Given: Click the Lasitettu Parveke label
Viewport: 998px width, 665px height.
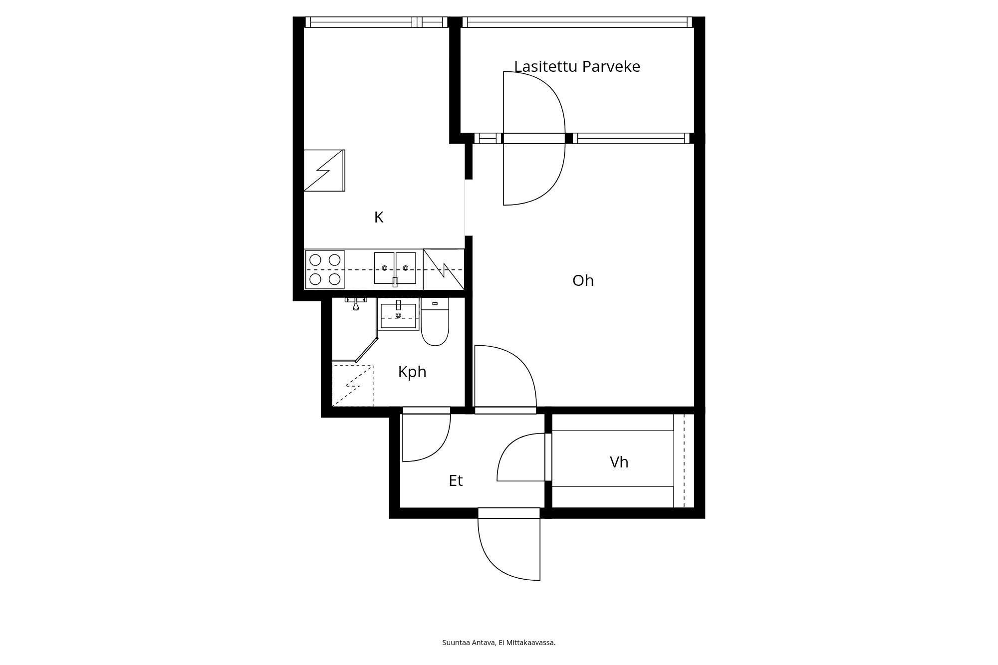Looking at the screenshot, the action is pyautogui.click(x=577, y=66).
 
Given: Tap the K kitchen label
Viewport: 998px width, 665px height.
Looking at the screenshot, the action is pyautogui.click(x=379, y=218).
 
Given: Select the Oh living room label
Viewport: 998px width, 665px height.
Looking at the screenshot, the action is pyautogui.click(x=583, y=280).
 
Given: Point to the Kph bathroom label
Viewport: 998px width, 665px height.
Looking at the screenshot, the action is pyautogui.click(x=412, y=372).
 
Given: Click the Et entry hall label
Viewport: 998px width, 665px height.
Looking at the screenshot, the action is pyautogui.click(x=456, y=480).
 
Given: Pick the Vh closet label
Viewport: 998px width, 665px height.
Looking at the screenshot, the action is pyautogui.click(x=619, y=462).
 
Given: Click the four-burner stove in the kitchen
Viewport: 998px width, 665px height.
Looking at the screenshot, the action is pyautogui.click(x=325, y=269).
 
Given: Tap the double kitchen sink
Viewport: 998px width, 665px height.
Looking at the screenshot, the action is pyautogui.click(x=395, y=268).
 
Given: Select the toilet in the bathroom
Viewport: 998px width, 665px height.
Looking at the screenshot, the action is pyautogui.click(x=435, y=322).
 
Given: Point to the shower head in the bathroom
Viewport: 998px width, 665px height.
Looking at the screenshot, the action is pyautogui.click(x=356, y=303).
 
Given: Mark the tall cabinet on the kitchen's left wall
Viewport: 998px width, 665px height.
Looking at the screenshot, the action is pyautogui.click(x=324, y=170).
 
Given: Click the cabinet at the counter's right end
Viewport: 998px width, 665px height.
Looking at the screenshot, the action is pyautogui.click(x=444, y=269).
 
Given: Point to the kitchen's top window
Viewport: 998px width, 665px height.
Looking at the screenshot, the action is pyautogui.click(x=376, y=22).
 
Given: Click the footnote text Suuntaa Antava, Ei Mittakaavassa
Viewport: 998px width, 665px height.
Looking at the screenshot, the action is pyautogui.click(x=499, y=643).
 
